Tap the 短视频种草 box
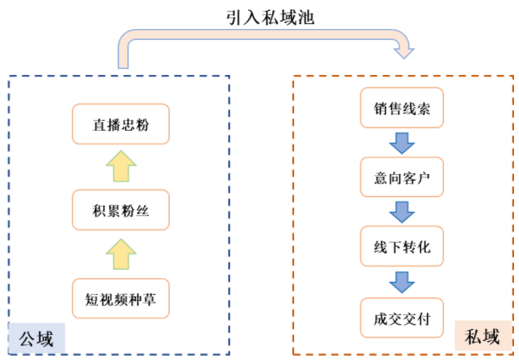(121, 298)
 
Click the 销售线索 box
(402, 108)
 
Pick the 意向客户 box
(402, 177)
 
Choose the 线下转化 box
(402, 247)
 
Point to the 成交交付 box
(402, 317)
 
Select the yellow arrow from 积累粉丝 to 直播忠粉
(121, 167)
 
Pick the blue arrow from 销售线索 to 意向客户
(402, 142)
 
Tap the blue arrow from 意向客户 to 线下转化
(402, 212)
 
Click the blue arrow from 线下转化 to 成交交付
(402, 282)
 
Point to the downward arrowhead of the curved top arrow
(404, 52)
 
